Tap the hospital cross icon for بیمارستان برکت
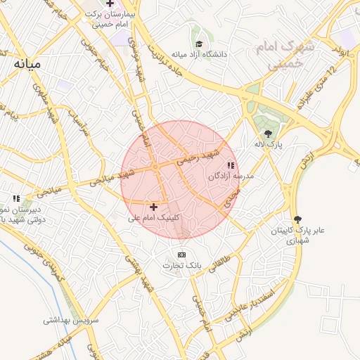click(110, 4)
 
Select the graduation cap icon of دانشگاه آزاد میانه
click(198, 43)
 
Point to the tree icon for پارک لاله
click(268, 133)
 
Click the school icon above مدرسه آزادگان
click(231, 165)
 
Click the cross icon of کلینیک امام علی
click(154, 207)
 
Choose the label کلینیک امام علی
click(153, 218)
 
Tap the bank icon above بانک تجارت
click(182, 255)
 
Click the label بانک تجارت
click(182, 266)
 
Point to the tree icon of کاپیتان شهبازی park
click(297, 219)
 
